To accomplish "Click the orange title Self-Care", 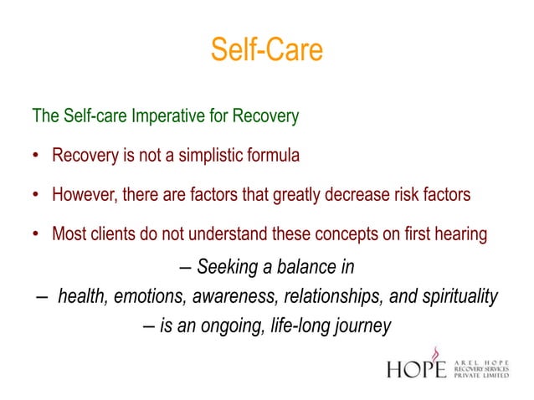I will coord(266,50).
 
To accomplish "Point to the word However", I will coord(84,195).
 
